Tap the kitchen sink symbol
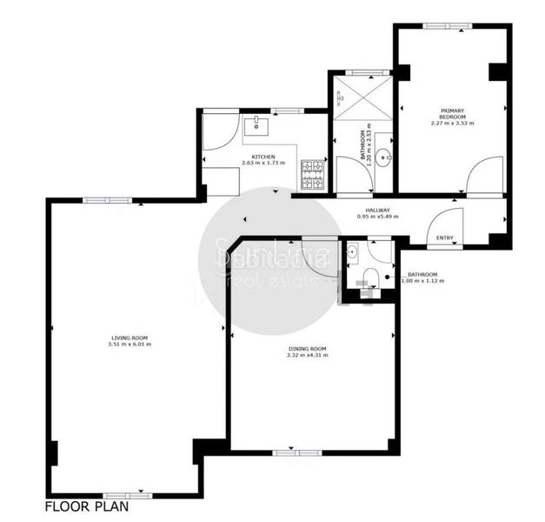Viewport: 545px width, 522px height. pyautogui.click(x=257, y=126)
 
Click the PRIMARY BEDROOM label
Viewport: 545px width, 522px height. pyautogui.click(x=452, y=113)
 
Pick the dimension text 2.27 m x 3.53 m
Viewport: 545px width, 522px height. pyautogui.click(x=452, y=124)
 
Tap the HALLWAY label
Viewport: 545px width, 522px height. pyautogui.click(x=377, y=210)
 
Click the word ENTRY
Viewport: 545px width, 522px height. pyautogui.click(x=444, y=238)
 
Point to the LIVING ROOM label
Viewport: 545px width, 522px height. pyautogui.click(x=130, y=337)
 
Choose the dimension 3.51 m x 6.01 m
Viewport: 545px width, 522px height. pyautogui.click(x=130, y=344)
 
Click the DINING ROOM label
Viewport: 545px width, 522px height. pyautogui.click(x=308, y=349)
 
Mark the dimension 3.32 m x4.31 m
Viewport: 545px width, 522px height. pyautogui.click(x=308, y=356)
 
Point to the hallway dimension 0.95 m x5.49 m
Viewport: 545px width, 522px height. pyautogui.click(x=377, y=217)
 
